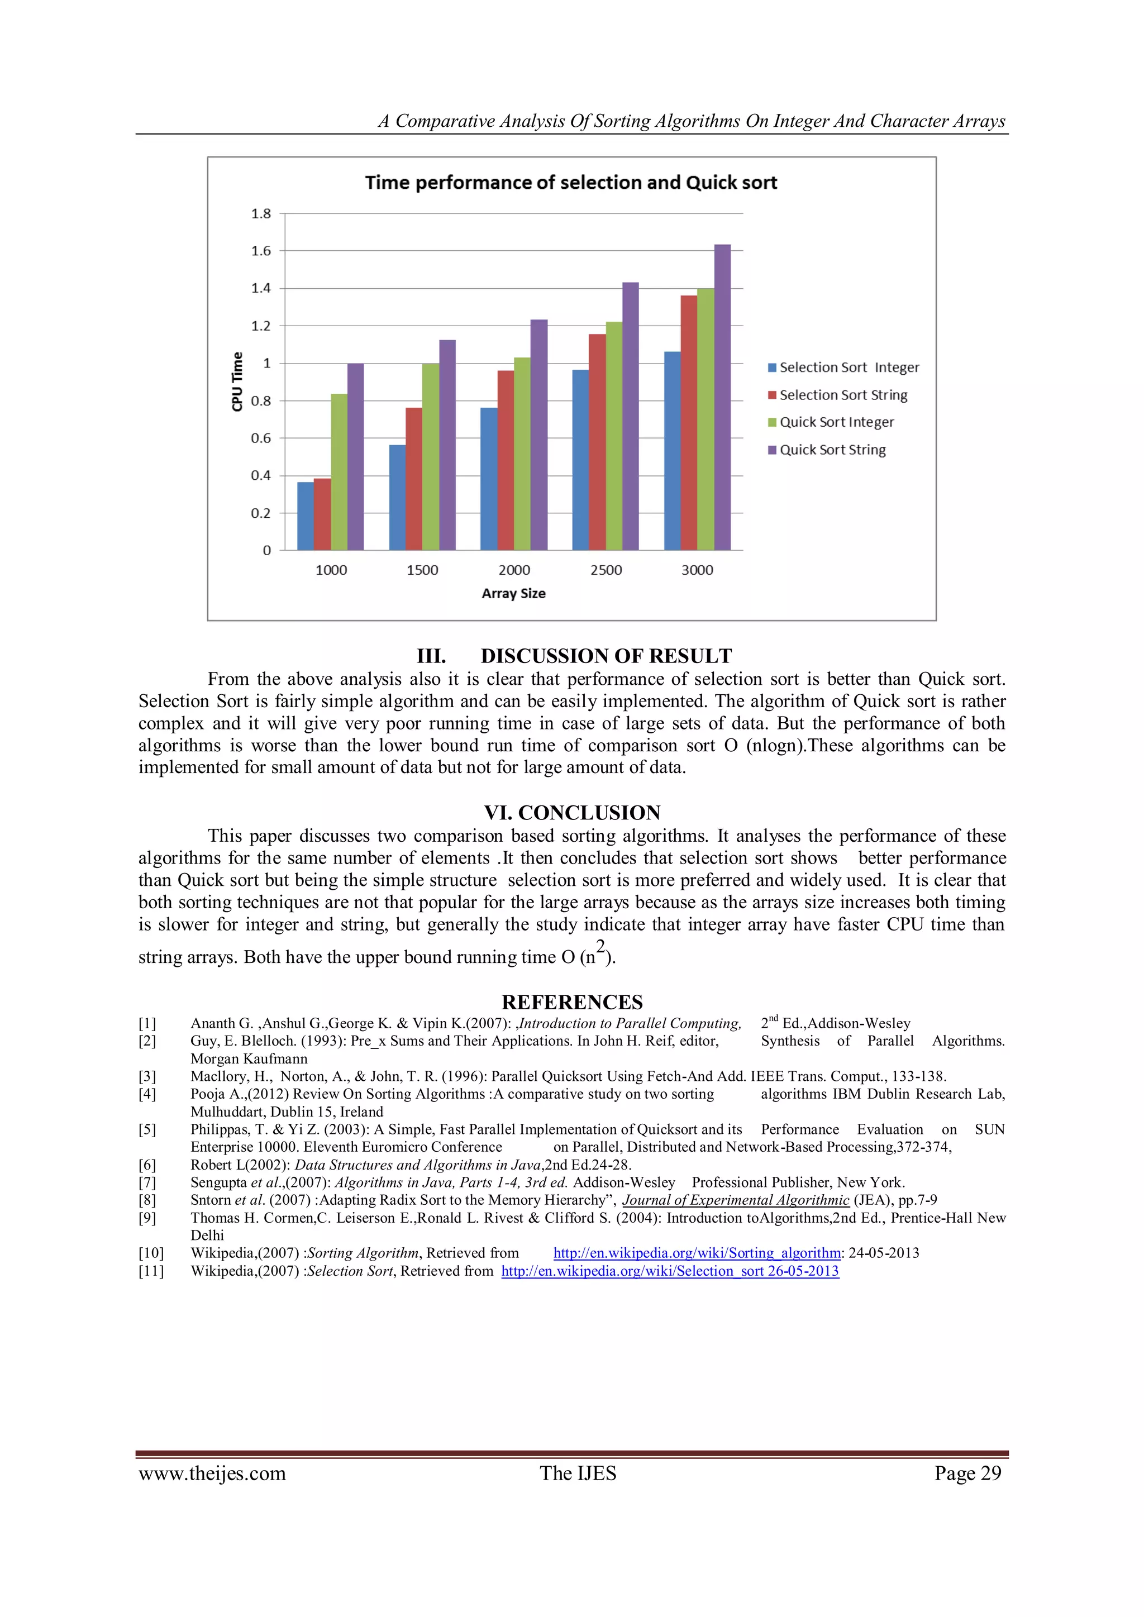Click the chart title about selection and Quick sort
(570, 183)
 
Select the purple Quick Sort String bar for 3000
(722, 398)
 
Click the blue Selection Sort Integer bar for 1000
(305, 516)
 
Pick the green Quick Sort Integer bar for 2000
(522, 454)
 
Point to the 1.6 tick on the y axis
(261, 251)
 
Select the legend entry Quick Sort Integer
(836, 422)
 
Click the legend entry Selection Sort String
(842, 395)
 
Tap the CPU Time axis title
(237, 381)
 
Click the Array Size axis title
(513, 593)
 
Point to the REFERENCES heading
(572, 1001)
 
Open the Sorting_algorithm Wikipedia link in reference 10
(697, 1253)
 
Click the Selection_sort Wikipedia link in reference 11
(669, 1271)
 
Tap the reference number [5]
(147, 1129)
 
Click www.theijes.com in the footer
(212, 1473)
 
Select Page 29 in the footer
(967, 1473)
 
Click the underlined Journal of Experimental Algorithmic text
(736, 1200)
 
